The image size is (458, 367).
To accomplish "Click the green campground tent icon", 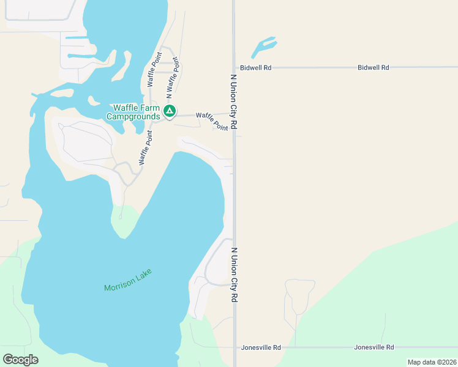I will pos(170,112).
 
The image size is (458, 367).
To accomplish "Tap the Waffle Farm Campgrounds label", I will pos(133,112).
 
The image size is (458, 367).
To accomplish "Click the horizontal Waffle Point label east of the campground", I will pos(212,121).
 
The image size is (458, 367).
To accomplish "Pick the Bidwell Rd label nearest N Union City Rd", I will pos(255,68).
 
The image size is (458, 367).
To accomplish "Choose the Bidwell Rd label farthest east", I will pos(373,68).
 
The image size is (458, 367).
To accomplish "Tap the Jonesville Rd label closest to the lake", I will pos(260,347).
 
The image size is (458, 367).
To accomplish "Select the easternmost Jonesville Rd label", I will pos(374,347).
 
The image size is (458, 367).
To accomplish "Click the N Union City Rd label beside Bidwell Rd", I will pos(233,102).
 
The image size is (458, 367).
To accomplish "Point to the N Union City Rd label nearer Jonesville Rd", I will pos(234,275).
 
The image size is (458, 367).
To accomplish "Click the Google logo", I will pos(20,360).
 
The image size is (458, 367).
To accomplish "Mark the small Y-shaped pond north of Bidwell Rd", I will pos(263,48).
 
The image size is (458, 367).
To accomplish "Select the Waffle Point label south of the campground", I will pos(145,147).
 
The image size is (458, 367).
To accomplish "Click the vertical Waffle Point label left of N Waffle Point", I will pos(153,71).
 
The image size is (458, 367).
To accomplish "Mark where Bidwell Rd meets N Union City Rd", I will pos(234,68).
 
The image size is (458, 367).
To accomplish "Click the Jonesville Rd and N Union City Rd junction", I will pos(235,347).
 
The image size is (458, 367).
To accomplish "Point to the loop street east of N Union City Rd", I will pos(299,297).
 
